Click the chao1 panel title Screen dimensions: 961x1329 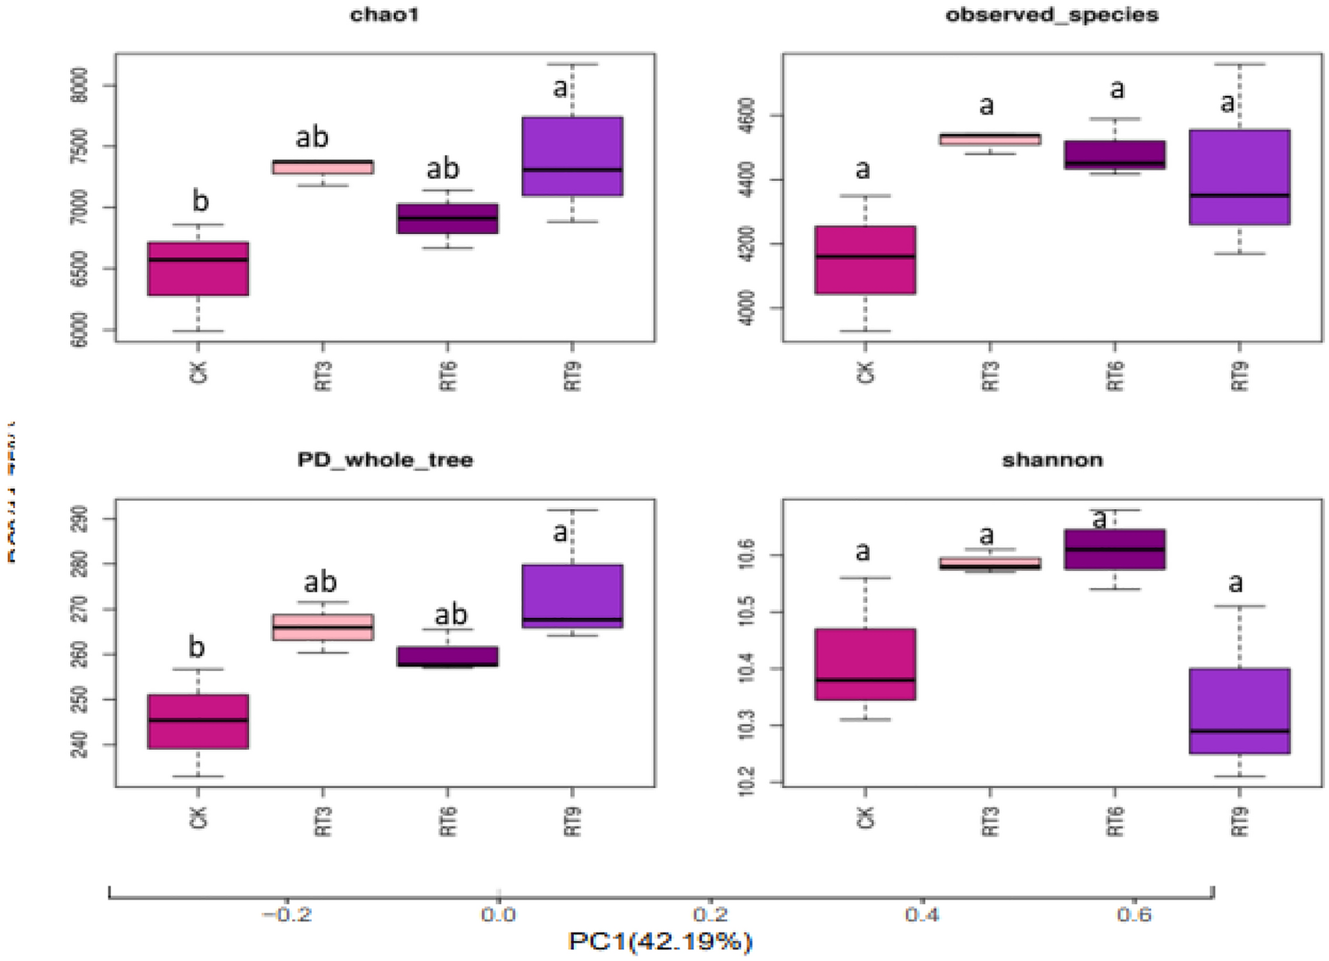(x=384, y=15)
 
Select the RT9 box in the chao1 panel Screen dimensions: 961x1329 (x=572, y=156)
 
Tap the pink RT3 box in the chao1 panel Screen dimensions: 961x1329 (x=322, y=167)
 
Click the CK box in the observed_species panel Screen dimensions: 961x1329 (x=865, y=260)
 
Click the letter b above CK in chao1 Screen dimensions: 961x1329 (x=200, y=200)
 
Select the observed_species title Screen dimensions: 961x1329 (x=1052, y=15)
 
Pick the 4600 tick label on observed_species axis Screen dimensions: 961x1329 (x=747, y=116)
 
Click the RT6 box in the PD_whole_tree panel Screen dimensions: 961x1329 (x=448, y=656)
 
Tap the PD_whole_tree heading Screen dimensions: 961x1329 (x=385, y=460)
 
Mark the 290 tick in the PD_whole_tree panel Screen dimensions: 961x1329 (x=79, y=519)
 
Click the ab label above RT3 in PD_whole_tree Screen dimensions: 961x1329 (x=320, y=582)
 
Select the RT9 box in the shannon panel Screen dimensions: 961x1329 (x=1239, y=711)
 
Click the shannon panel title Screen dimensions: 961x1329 (x=1052, y=460)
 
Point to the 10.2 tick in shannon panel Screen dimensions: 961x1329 (x=747, y=782)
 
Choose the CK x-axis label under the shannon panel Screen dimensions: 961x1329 (x=865, y=817)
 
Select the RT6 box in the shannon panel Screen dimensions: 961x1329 (x=1114, y=549)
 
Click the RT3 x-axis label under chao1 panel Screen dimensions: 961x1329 (x=323, y=375)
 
